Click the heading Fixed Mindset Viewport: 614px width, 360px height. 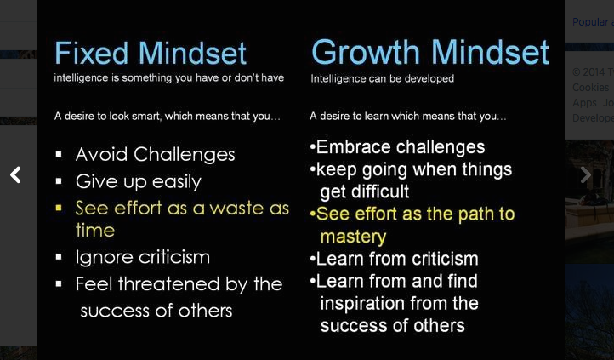pyautogui.click(x=151, y=53)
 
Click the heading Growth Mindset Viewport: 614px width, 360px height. pyautogui.click(x=430, y=52)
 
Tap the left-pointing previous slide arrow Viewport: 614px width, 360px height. pyautogui.click(x=15, y=174)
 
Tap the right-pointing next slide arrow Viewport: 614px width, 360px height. pyautogui.click(x=585, y=174)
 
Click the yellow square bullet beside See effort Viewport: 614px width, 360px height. pyautogui.click(x=59, y=208)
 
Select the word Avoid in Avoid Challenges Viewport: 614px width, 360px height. pyautogui.click(x=102, y=154)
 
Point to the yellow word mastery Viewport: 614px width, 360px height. pyautogui.click(x=353, y=237)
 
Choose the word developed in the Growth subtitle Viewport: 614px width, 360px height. pyautogui.click(x=429, y=79)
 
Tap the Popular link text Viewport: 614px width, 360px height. pyautogui.click(x=590, y=22)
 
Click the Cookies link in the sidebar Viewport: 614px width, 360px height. pyautogui.click(x=590, y=88)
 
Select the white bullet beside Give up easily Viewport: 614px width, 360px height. pyautogui.click(x=59, y=181)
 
